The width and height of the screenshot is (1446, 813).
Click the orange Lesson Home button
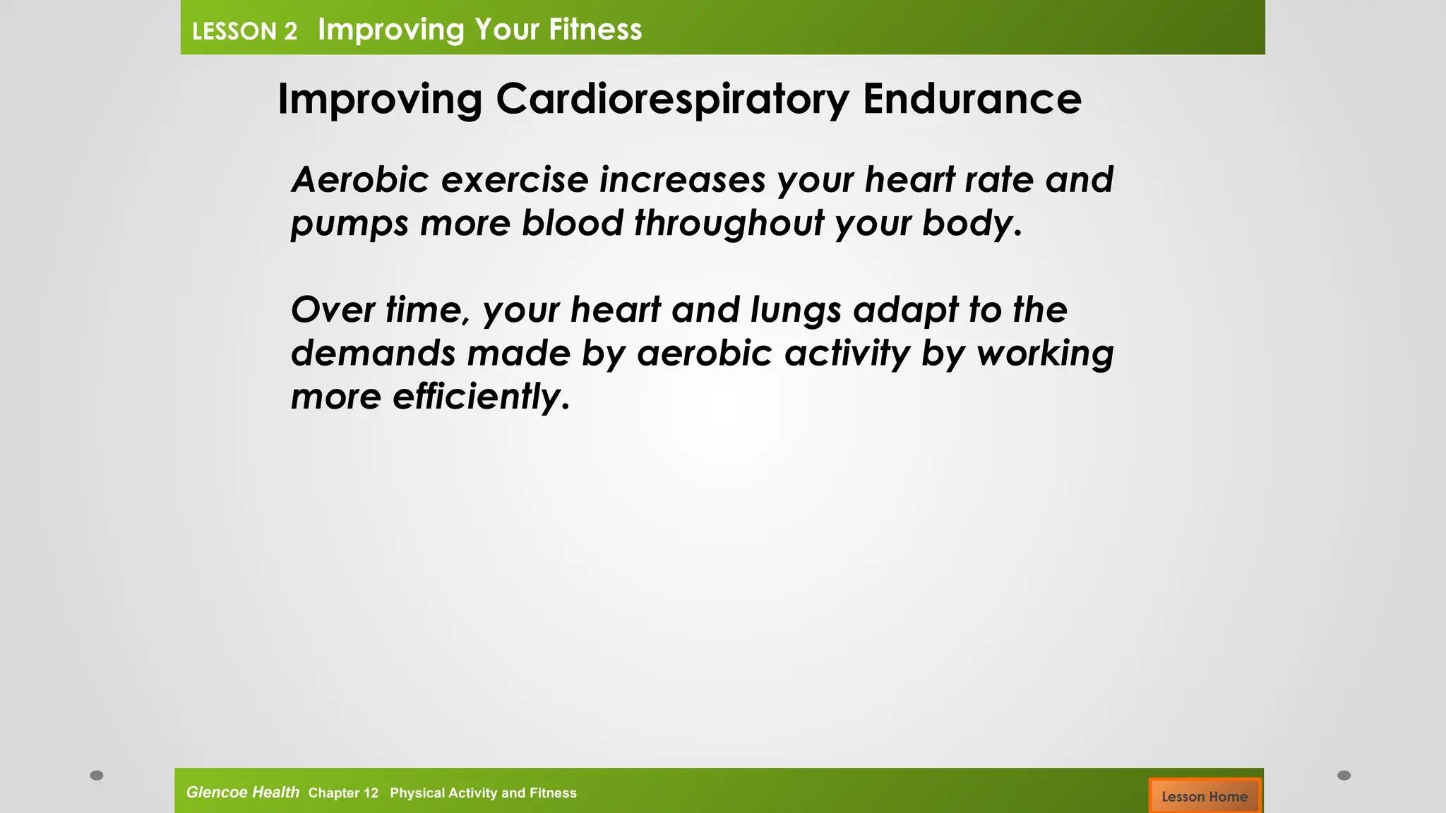pos(1205,795)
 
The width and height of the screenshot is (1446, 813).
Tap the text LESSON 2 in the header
pos(244,31)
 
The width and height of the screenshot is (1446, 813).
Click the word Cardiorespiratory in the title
pos(672,99)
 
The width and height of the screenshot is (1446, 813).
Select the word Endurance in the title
pos(972,99)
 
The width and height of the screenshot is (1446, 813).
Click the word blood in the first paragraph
pos(572,223)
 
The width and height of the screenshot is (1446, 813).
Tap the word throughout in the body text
pos(729,223)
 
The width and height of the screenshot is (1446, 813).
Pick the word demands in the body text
pos(373,353)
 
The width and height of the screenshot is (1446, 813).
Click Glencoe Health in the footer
pos(242,792)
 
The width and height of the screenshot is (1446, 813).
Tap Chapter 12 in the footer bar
pos(343,793)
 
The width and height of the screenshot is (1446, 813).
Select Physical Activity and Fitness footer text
pos(483,793)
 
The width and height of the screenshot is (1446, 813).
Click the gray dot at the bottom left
pos(97,775)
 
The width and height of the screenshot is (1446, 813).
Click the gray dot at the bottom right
pos(1344,775)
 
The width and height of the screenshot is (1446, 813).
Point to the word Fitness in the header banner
pos(594,30)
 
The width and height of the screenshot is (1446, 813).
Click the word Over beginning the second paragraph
pos(332,310)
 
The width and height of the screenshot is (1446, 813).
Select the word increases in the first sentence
pos(682,179)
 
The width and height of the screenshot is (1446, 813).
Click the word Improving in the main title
pos(380,99)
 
